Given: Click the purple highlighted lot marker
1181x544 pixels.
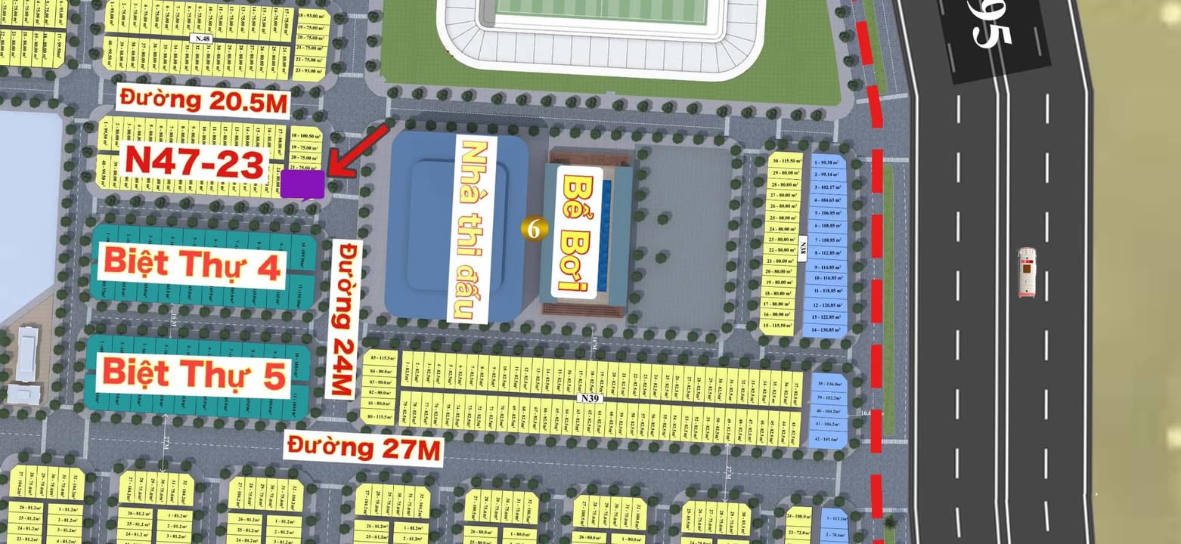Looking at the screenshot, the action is (303, 184).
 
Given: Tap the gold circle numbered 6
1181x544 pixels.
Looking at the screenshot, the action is (533, 228).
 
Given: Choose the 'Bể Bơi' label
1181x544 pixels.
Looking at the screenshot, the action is (580, 231).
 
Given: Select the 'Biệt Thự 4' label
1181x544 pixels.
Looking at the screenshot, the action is (192, 264).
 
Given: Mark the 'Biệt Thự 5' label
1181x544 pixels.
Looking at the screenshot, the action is (194, 374).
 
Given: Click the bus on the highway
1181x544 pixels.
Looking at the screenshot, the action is (1026, 271).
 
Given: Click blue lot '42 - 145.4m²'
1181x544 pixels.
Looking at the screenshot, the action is (827, 439).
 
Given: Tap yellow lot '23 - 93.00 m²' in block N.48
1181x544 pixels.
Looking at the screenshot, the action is (310, 70).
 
